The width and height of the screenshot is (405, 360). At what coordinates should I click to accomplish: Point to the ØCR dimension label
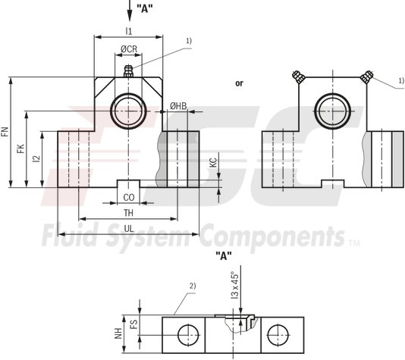coord(128,49)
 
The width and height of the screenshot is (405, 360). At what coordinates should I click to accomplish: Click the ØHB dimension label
coord(178,106)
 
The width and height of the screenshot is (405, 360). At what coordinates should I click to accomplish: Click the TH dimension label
coord(128,213)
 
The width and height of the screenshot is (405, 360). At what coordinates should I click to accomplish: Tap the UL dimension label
coord(128,227)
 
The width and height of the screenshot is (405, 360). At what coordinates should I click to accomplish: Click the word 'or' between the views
coord(240,83)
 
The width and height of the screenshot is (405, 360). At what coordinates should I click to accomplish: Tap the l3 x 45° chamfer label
coord(234,287)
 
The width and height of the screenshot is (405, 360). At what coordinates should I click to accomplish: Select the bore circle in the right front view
coord(331,111)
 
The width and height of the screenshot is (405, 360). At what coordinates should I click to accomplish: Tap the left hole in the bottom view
coord(184,333)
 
